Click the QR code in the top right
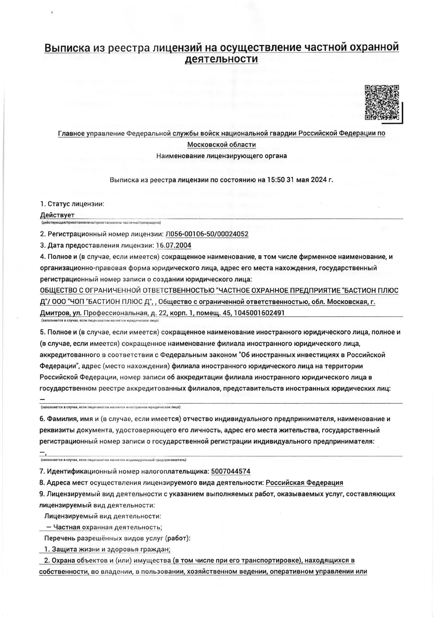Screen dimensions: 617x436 (x=382, y=103)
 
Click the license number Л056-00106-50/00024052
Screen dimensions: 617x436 (x=207, y=234)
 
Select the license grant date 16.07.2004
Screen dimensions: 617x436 (x=173, y=245)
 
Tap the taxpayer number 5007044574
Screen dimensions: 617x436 (x=230, y=471)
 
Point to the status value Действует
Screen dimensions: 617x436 (x=57, y=215)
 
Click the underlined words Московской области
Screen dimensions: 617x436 (x=221, y=145)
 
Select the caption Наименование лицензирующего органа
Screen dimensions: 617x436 (x=221, y=156)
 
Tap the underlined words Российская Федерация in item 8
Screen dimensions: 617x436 (x=304, y=482)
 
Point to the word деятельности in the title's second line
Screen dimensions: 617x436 (x=221, y=59)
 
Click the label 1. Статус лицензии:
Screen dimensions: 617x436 (x=72, y=204)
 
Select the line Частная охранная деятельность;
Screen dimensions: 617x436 (x=108, y=527)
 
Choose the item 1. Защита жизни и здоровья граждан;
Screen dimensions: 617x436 (x=107, y=549)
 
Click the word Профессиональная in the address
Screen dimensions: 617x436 (x=115, y=313)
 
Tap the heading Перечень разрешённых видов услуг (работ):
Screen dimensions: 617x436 (x=117, y=538)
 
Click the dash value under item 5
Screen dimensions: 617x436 (x=43, y=399)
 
